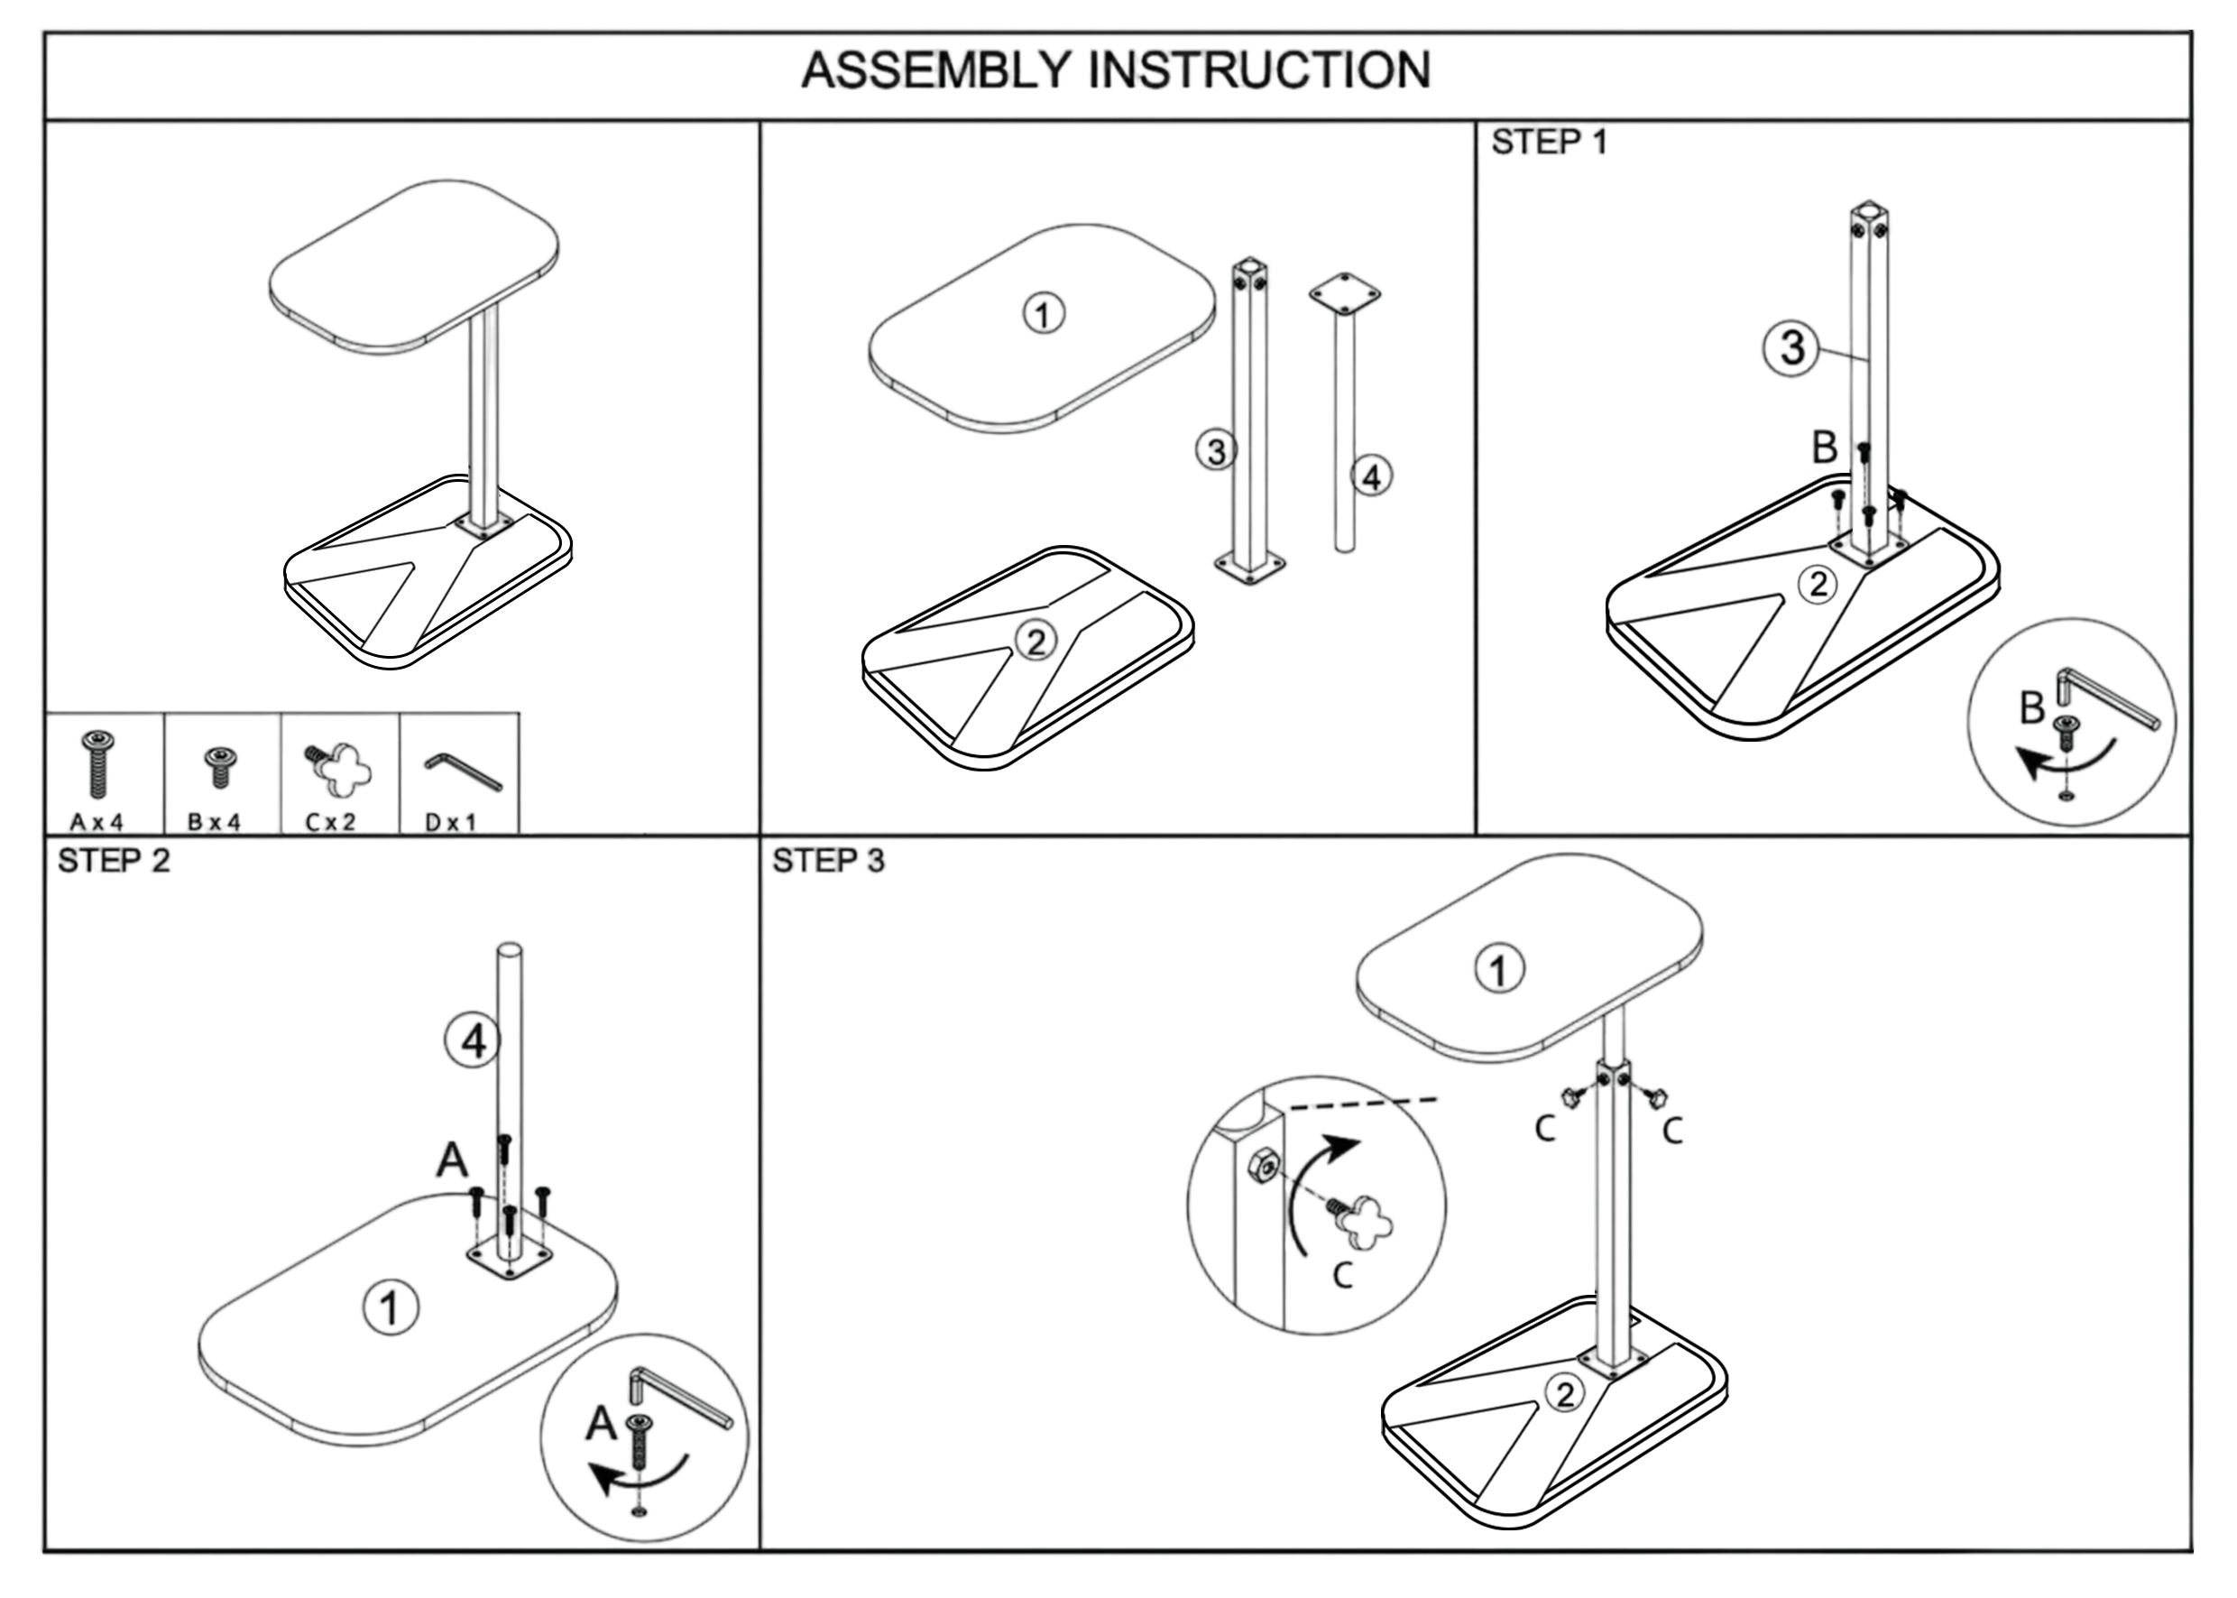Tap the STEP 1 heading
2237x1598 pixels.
click(x=1549, y=143)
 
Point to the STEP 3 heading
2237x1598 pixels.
click(x=828, y=861)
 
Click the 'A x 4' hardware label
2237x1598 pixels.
click(x=97, y=822)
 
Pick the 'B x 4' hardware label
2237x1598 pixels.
click(x=215, y=822)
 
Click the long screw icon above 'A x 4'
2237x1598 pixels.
click(x=98, y=763)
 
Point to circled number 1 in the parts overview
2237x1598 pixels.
click(x=1044, y=314)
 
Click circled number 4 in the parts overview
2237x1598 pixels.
click(x=1371, y=476)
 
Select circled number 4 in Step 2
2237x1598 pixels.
click(x=474, y=1040)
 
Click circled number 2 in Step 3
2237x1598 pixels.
click(x=1564, y=1393)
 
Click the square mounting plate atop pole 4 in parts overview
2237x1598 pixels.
click(x=1344, y=293)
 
